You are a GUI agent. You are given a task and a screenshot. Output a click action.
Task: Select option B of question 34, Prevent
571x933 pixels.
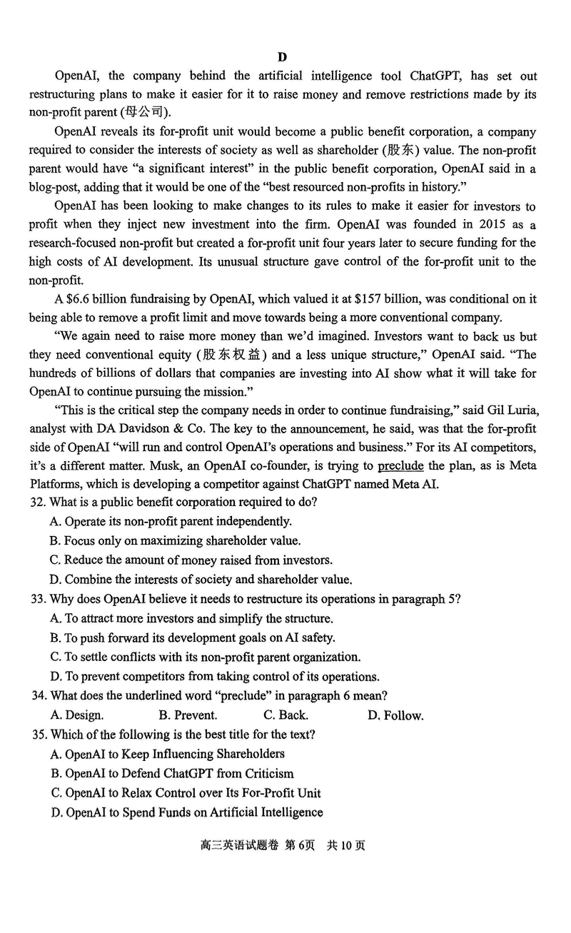click(188, 715)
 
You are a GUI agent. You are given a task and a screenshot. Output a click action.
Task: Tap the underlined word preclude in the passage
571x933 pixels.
click(400, 466)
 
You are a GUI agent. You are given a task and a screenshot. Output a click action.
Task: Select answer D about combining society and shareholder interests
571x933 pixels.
click(201, 580)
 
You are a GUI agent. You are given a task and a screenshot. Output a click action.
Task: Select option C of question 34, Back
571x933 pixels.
click(285, 715)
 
